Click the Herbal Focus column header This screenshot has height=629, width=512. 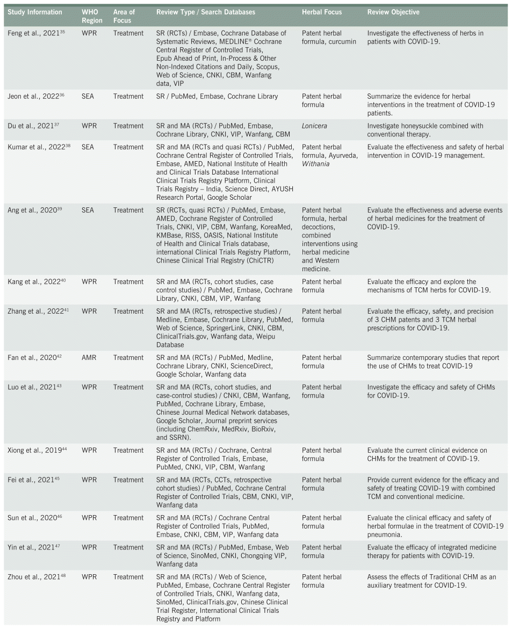click(x=322, y=12)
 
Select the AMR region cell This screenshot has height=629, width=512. click(x=89, y=358)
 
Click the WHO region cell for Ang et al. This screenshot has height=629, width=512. click(x=89, y=211)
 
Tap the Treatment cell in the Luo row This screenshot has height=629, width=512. click(x=128, y=387)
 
